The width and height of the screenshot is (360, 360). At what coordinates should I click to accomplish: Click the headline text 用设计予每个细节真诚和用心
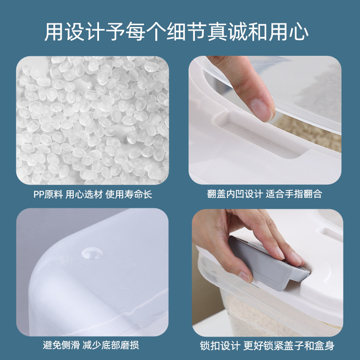[x=180, y=32]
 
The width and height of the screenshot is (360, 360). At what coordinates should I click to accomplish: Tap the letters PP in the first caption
[x=38, y=194]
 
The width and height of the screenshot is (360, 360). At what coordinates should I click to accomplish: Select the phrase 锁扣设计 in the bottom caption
[x=218, y=346]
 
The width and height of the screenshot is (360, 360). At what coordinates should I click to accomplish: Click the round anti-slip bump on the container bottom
[x=91, y=252]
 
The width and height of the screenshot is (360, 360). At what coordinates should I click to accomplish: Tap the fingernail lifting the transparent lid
[x=261, y=109]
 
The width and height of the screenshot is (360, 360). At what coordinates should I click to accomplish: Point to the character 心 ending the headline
[x=299, y=32]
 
